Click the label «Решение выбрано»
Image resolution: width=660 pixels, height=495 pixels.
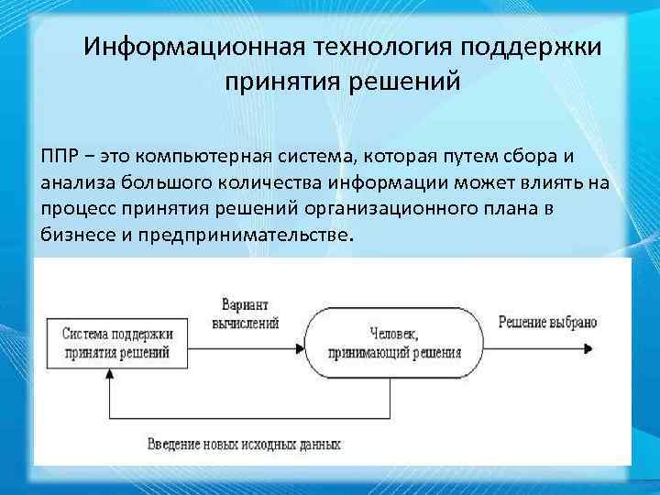tap(547, 322)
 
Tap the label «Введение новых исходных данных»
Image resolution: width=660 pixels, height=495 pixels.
tap(243, 445)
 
